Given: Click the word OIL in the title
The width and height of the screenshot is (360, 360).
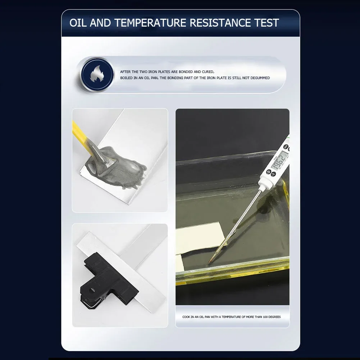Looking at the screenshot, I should click(78, 23).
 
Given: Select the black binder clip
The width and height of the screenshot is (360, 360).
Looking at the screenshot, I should click(108, 281).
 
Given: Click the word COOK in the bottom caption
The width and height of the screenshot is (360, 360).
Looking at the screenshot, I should click(186, 317).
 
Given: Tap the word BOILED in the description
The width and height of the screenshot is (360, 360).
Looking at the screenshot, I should click(126, 78).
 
